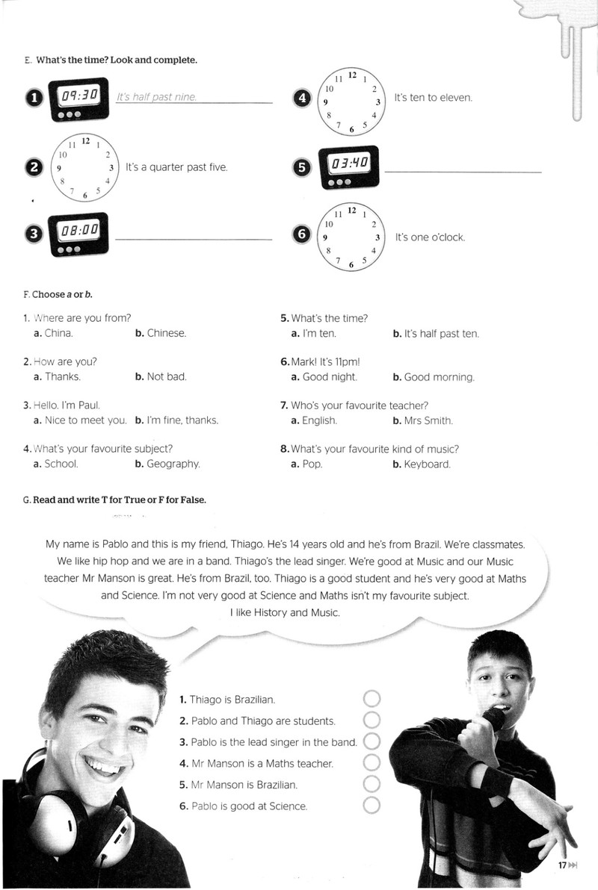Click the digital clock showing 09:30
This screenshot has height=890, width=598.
click(x=78, y=99)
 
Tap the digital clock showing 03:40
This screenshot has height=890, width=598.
click(x=348, y=168)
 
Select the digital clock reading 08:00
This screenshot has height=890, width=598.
click(x=78, y=234)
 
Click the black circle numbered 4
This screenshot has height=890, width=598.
click(x=303, y=99)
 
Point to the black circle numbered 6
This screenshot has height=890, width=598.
click(x=302, y=234)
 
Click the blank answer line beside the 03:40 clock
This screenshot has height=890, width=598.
click(x=463, y=172)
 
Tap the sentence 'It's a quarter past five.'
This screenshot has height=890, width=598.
click(x=176, y=167)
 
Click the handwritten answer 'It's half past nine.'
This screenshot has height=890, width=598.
click(x=156, y=97)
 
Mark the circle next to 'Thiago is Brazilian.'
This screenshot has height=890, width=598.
click(x=372, y=699)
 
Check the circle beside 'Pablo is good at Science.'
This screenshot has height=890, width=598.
click(x=372, y=805)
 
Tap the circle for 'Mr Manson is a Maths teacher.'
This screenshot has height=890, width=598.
click(x=372, y=762)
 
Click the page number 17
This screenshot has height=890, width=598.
click(x=562, y=865)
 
